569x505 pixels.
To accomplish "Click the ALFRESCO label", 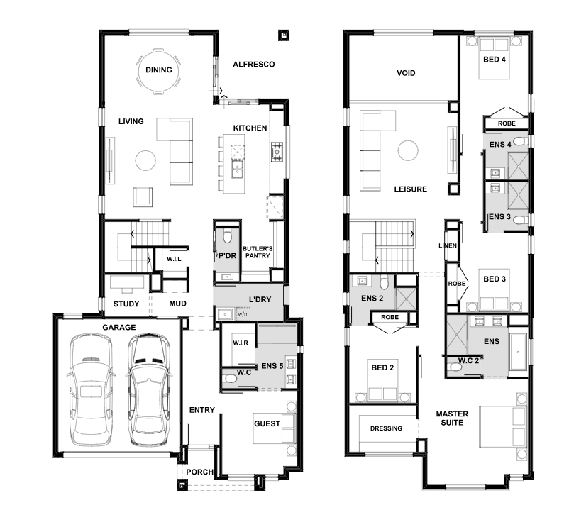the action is [254, 65].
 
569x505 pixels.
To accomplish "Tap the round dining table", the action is [159, 71].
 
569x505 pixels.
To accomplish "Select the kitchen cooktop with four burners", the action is [277, 151].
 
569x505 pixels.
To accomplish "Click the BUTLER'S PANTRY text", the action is [258, 252].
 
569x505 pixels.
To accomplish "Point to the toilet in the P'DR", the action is [227, 235].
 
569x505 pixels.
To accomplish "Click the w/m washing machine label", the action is [243, 313].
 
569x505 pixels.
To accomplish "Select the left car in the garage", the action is [91, 389].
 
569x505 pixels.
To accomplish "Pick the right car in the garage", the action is [150, 389].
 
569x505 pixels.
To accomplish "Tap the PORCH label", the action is [199, 472].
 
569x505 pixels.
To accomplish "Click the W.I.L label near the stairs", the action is [174, 259].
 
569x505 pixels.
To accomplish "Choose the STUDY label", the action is [126, 304].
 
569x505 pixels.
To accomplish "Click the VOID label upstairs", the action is [406, 73].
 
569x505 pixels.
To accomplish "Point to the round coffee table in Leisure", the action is [408, 150].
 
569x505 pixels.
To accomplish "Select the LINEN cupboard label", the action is [448, 245].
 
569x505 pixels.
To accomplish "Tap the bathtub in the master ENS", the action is [518, 353].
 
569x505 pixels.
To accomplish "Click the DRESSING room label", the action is [386, 428].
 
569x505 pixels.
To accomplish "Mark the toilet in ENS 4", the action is [521, 141].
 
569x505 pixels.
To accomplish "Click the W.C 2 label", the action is [468, 361].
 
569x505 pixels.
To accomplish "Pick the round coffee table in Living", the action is [145, 160].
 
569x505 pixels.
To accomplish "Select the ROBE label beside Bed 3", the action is [457, 284].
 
